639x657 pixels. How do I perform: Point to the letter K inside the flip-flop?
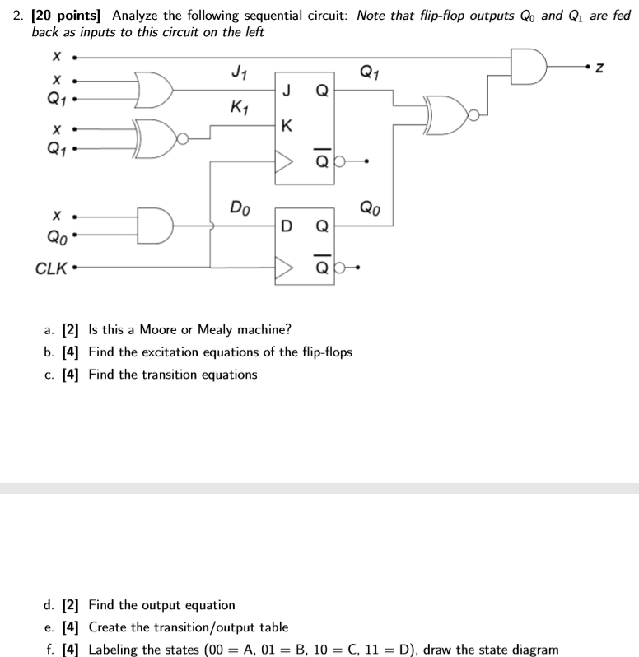(x=286, y=126)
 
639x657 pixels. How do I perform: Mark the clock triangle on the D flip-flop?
(x=284, y=268)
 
